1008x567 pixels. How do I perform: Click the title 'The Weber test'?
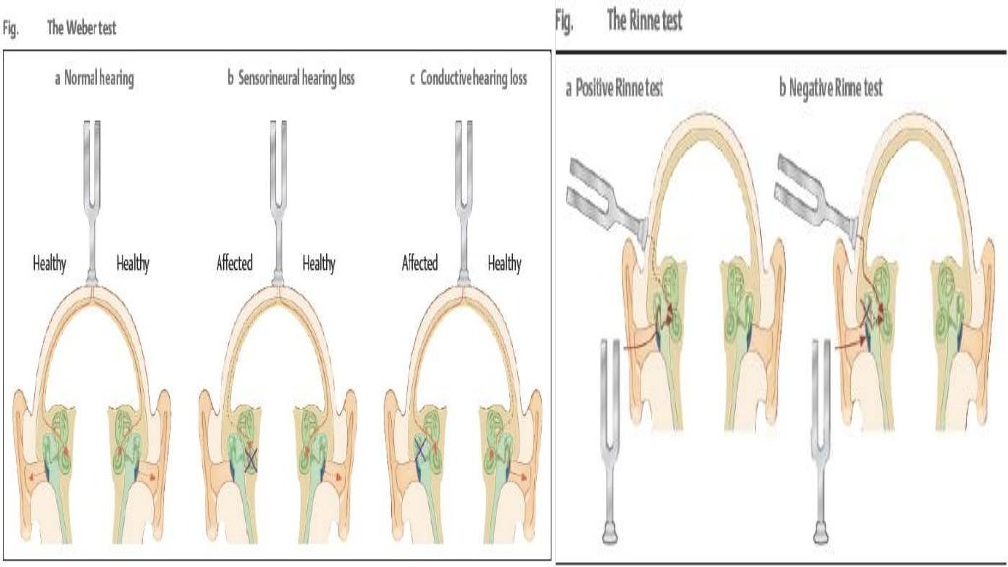(x=82, y=29)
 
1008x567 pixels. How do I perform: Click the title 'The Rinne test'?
(x=645, y=21)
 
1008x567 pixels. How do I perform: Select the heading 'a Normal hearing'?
(x=94, y=79)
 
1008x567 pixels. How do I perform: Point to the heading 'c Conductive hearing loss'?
(x=469, y=79)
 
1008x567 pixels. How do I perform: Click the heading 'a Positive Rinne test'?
(x=614, y=89)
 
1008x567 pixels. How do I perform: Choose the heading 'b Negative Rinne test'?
(x=831, y=89)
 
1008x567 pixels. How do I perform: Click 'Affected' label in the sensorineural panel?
(x=234, y=263)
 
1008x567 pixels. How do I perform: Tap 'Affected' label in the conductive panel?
(x=419, y=263)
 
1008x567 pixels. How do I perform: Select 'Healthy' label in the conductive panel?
(x=505, y=263)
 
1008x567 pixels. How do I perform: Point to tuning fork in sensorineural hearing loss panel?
(x=277, y=197)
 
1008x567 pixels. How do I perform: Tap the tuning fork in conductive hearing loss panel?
(x=462, y=197)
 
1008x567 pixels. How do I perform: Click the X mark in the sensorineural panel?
(x=251, y=457)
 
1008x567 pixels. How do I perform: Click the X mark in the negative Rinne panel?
(x=867, y=313)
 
